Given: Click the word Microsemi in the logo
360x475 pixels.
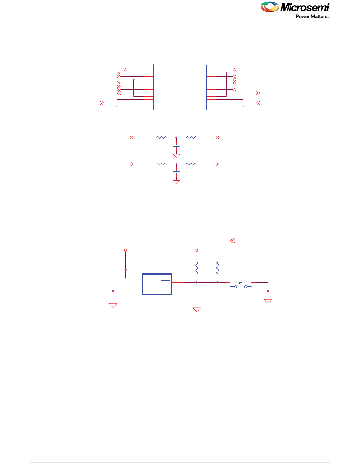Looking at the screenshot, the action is click(305, 8).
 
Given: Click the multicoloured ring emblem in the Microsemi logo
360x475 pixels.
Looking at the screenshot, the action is click(270, 8).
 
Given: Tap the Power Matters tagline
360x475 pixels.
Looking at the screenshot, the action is click(312, 17).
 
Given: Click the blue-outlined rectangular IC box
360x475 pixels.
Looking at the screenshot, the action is click(157, 284).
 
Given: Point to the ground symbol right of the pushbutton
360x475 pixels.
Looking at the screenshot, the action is click(268, 301).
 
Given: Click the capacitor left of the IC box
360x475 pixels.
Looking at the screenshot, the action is click(113, 280).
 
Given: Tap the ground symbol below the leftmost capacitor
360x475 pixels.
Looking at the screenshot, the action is click(113, 305).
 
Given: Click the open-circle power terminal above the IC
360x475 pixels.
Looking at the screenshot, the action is click(125, 250).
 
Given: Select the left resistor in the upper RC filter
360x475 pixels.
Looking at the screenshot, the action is click(161, 137).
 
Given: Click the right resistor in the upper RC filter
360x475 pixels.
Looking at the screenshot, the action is click(191, 137).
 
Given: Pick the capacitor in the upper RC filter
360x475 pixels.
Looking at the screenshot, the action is click(176, 145).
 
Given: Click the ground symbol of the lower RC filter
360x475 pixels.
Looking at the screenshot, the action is click(176, 182).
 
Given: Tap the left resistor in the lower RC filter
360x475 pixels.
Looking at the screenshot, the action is click(161, 164).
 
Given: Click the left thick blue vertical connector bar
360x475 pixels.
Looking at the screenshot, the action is click(154, 87).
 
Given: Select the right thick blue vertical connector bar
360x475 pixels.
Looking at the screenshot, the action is click(207, 87).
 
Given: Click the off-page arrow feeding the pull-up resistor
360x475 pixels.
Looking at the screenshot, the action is click(233, 240).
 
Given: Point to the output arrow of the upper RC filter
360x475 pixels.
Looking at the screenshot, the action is click(218, 137).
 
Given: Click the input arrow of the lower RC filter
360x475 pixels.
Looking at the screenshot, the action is click(131, 164).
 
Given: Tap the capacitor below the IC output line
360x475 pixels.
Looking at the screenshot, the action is click(197, 292).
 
